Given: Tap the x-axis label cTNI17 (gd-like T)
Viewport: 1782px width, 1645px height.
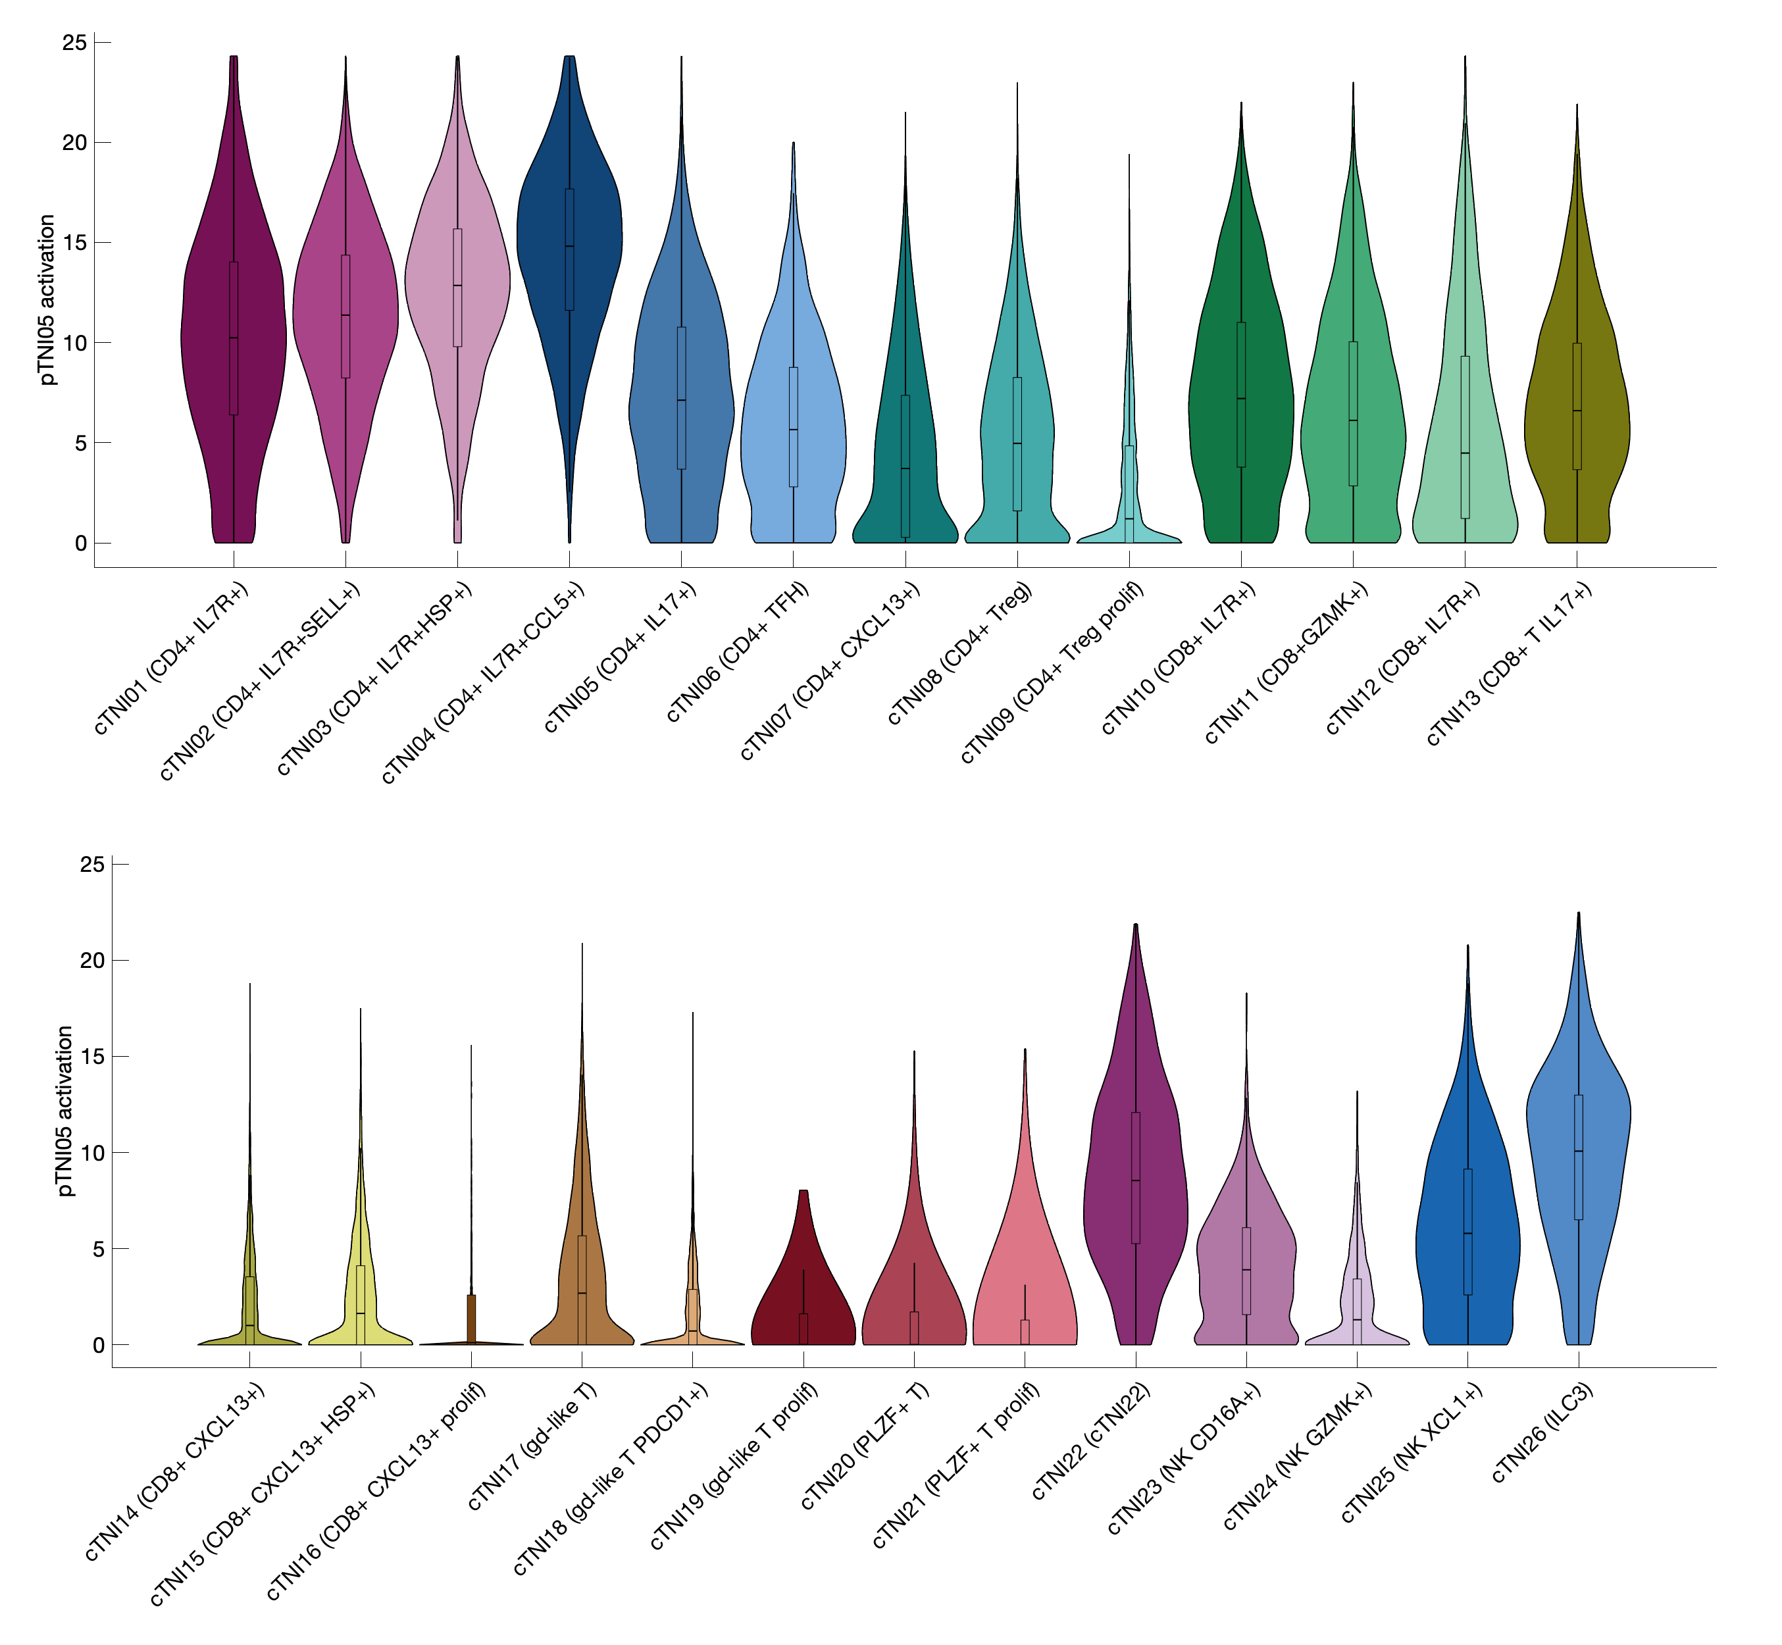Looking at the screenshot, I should click(x=532, y=1446).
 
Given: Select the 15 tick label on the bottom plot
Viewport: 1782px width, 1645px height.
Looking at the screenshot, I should click(x=91, y=1057).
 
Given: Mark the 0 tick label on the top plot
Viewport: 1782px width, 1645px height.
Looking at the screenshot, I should click(x=81, y=543).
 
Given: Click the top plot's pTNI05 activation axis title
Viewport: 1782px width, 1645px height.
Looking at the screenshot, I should click(x=48, y=299).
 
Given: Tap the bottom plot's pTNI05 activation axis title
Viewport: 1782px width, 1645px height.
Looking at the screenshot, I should click(x=65, y=1110).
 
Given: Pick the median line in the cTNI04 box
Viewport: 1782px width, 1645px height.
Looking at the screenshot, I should click(x=570, y=247).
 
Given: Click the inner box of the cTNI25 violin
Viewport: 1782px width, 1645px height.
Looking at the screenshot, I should click(x=1468, y=1246).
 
